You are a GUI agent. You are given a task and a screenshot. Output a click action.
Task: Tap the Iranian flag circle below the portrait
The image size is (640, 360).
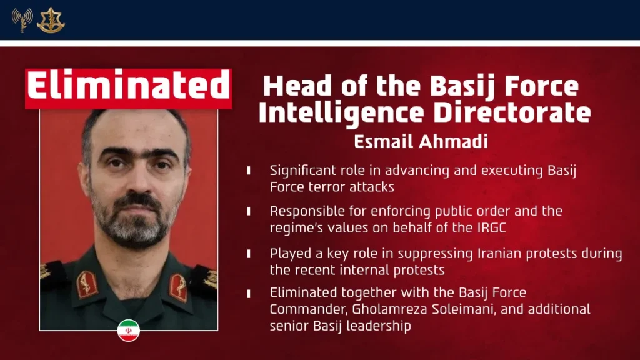(128, 331)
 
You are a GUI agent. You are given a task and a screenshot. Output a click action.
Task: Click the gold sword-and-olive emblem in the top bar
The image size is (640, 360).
(51, 20)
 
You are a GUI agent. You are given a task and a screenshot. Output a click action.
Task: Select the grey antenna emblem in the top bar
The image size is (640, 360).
(22, 20)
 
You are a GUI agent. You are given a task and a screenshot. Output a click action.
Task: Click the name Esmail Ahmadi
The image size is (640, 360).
(421, 141)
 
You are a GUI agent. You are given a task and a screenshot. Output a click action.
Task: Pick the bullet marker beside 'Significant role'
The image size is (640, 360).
(249, 170)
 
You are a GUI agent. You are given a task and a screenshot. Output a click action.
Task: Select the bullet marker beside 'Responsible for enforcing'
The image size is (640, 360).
(249, 212)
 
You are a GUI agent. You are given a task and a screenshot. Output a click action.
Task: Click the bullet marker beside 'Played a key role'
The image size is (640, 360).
(249, 254)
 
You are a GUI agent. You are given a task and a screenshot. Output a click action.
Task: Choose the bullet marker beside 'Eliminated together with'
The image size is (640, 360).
(249, 292)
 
